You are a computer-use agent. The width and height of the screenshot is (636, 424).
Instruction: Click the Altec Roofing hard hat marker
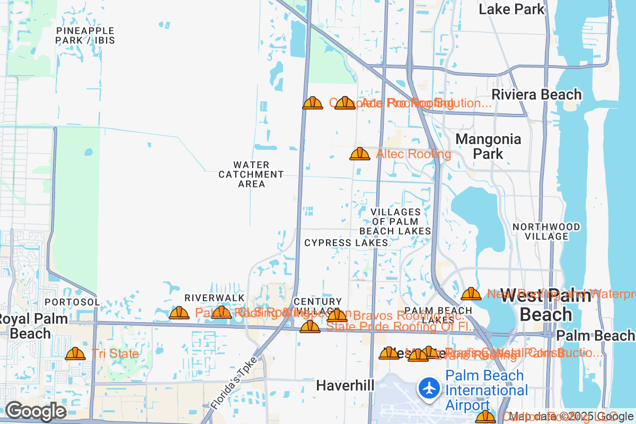coord(360,154)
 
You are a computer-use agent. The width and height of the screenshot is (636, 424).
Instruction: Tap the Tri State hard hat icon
coord(75,354)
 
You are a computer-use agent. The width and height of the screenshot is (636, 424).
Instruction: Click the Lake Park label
coord(511,9)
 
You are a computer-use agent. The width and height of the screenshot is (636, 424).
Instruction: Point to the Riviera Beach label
coord(536,95)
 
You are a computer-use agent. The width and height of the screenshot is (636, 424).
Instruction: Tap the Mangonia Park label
coord(488,146)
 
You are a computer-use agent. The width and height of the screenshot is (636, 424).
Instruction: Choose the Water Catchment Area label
coord(251,174)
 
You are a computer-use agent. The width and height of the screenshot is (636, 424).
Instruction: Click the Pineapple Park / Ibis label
coord(85,35)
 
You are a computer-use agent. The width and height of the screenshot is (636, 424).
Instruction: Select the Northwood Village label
coord(546,232)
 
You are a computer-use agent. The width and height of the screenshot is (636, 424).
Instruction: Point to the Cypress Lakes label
coord(346,243)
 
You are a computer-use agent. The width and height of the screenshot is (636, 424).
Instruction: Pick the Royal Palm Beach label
coord(32,326)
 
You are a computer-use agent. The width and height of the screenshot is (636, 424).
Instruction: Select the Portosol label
coord(72,302)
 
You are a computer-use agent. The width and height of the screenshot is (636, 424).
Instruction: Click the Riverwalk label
coord(214,298)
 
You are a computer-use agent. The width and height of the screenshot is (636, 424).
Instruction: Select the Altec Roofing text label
coord(413,154)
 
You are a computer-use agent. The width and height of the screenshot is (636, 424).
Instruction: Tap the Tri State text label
coord(115,354)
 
